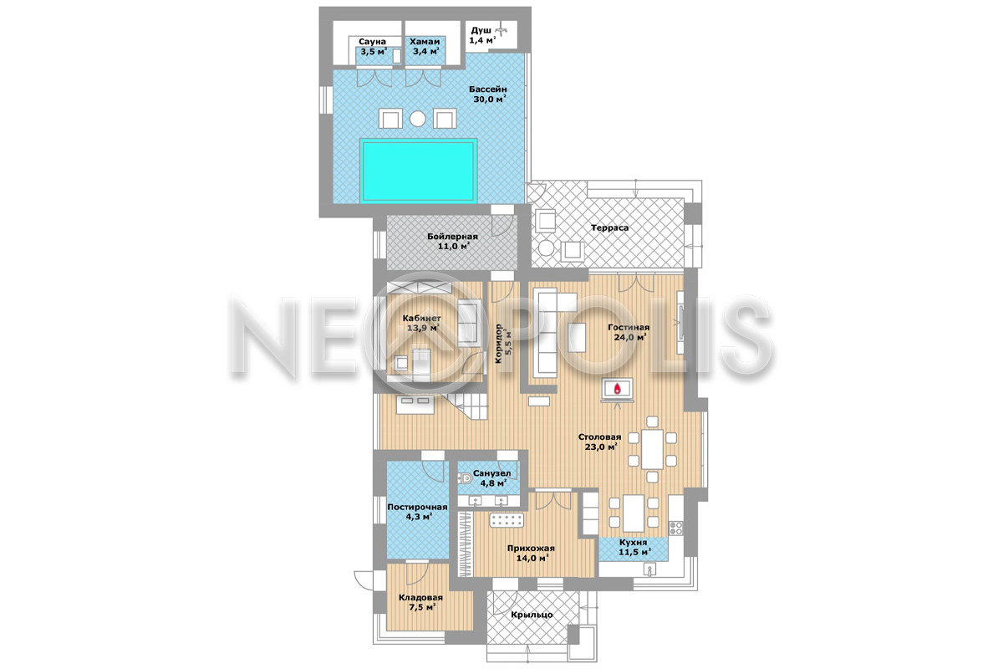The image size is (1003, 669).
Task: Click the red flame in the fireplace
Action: pyautogui.click(x=618, y=388)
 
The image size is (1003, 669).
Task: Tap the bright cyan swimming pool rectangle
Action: pyautogui.click(x=418, y=171)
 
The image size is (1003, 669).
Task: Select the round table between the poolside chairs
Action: pyautogui.click(x=418, y=119)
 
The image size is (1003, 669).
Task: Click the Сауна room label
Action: pyautogui.click(x=372, y=42)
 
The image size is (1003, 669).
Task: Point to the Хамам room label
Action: pyautogui.click(x=425, y=42)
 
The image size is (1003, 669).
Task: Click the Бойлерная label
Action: pyautogui.click(x=452, y=236)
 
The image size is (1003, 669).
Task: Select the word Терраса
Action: pyautogui.click(x=609, y=227)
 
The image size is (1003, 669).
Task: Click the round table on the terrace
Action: pyautogui.click(x=546, y=248)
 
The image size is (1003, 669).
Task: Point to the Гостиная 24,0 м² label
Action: pyautogui.click(x=629, y=332)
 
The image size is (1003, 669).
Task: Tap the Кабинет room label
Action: pyautogui.click(x=421, y=318)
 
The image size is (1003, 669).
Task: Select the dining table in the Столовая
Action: pyautogui.click(x=653, y=449)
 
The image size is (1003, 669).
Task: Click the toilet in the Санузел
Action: pyautogui.click(x=465, y=478)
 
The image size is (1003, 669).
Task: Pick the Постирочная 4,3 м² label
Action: pyautogui.click(x=417, y=512)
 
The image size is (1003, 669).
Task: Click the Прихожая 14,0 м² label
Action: pyautogui.click(x=531, y=553)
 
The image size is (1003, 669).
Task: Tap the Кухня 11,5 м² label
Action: pyautogui.click(x=634, y=547)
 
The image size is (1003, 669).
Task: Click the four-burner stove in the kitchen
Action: pyautogui.click(x=675, y=528)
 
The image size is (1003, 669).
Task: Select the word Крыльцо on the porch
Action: pyautogui.click(x=532, y=615)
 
